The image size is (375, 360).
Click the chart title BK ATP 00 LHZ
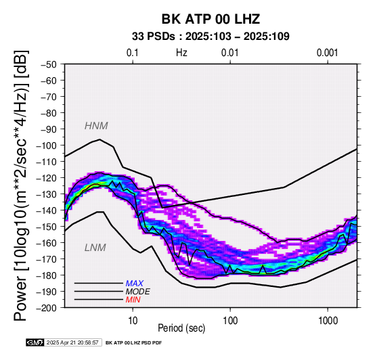point(211,19)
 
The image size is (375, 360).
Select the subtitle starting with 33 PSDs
point(211,37)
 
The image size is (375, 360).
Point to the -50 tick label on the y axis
point(48,64)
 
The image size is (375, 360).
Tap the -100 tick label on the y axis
point(46,145)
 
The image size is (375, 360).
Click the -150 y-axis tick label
point(46,227)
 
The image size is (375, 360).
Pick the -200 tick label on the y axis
point(46,308)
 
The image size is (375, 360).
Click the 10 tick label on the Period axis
point(133,321)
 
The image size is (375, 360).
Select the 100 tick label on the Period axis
point(230,321)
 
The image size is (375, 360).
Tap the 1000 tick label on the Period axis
point(328,321)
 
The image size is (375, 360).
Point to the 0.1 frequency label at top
point(133,53)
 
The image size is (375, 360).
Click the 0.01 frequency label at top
point(230,53)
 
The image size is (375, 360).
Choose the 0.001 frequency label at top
point(328,53)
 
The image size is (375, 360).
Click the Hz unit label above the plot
point(181,53)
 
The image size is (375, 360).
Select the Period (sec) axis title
point(181,328)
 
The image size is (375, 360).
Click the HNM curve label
point(96,126)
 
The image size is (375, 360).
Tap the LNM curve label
point(95,248)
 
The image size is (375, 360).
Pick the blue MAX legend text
point(135,284)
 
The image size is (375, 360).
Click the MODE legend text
point(138,292)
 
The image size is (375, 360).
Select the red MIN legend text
point(133,300)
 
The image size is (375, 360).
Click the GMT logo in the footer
point(35,343)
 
